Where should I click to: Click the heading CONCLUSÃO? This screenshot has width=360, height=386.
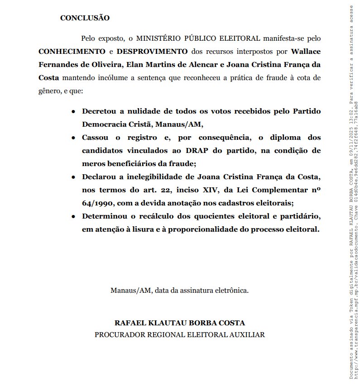click(x=85, y=18)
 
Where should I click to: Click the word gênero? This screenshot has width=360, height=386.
click(x=49, y=91)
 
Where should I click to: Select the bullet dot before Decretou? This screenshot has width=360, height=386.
click(x=73, y=111)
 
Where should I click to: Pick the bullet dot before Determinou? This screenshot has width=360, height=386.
click(x=73, y=216)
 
